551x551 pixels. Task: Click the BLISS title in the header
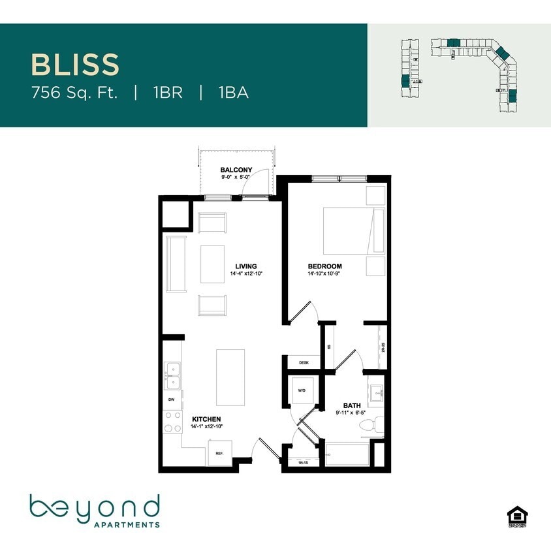click(75, 65)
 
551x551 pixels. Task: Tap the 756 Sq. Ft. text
click(74, 93)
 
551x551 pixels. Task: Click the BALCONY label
click(236, 170)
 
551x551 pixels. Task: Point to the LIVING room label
click(246, 266)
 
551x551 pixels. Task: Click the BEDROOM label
click(324, 266)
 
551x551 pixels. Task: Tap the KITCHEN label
click(206, 418)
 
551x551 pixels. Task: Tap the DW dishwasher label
click(171, 399)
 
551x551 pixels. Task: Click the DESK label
click(304, 362)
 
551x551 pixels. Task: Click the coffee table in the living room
click(213, 264)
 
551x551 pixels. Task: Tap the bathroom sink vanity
click(377, 393)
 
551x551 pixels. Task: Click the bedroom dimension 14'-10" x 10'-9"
click(324, 274)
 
